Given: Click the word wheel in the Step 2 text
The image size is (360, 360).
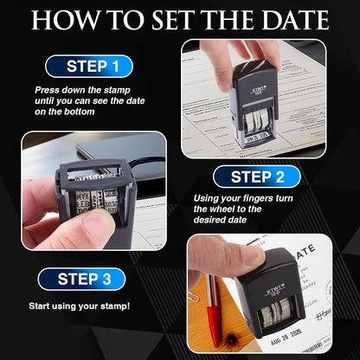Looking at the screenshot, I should tap(219, 209).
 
